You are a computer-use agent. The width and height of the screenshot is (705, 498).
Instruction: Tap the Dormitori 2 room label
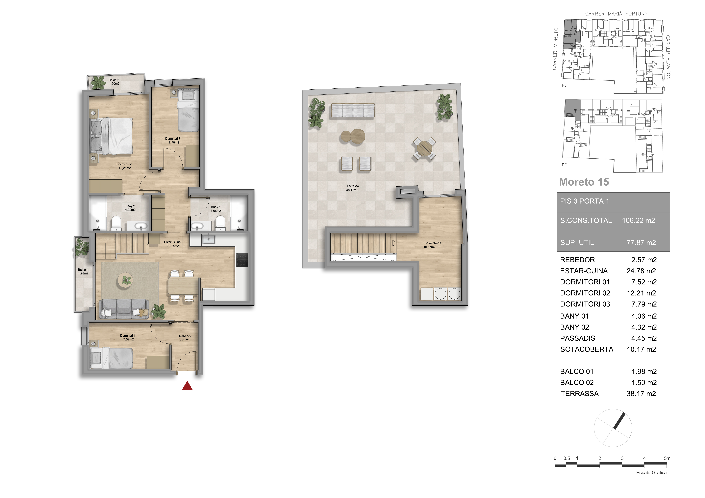point(124,166)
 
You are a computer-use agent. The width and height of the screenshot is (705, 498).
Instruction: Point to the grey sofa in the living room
point(124,308)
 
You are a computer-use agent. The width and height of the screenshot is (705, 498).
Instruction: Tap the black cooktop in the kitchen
point(242,260)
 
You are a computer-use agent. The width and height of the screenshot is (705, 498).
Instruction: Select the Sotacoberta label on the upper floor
point(433,243)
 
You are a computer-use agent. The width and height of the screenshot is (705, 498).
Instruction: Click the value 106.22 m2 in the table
point(638,220)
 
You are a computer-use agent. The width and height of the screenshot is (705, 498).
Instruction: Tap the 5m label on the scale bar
point(667,458)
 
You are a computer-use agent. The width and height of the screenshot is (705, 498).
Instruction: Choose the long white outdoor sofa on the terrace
point(353,110)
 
